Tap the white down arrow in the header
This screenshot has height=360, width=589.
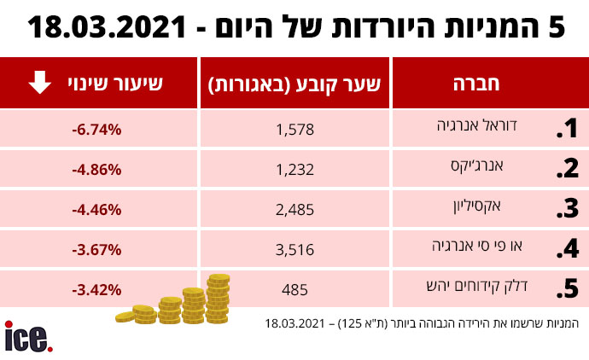click(39, 84)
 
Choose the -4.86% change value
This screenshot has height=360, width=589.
click(97, 169)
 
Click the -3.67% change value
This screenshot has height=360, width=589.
click(97, 249)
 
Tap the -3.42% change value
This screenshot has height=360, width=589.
click(97, 289)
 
